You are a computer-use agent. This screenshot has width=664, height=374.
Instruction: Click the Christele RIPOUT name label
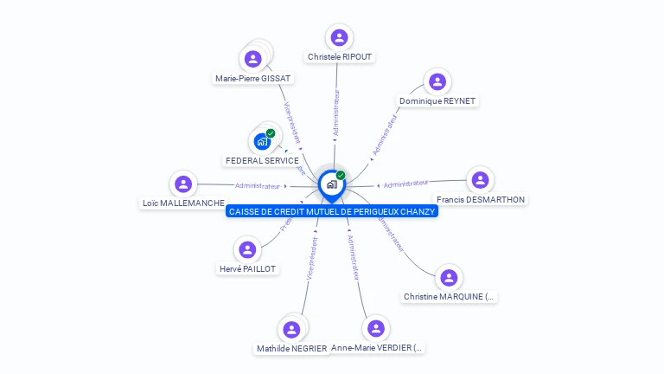tap(340, 57)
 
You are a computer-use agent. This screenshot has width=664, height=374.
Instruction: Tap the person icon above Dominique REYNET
tap(437, 82)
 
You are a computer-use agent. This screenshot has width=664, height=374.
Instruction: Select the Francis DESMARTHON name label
tap(481, 199)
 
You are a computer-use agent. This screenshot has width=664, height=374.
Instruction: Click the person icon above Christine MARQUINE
tap(448, 278)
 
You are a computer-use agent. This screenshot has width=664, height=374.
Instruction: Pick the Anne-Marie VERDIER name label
tap(378, 348)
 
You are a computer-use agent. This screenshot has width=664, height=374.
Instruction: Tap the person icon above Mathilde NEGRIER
tap(291, 329)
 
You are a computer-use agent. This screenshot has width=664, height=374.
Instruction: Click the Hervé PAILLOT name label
tap(248, 268)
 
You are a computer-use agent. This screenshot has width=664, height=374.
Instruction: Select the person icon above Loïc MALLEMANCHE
tap(183, 184)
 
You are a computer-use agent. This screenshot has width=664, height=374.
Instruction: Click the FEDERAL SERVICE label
tap(262, 160)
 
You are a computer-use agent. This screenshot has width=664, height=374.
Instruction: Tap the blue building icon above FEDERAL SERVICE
tap(263, 141)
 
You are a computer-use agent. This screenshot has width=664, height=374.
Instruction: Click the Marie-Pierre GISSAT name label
tap(253, 78)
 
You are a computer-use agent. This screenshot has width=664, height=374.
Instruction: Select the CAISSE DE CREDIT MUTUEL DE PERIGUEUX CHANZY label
tap(332, 211)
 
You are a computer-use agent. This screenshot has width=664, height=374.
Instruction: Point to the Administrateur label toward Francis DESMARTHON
tap(405, 183)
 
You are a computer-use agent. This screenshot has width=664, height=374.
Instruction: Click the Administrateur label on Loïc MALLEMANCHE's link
tap(258, 185)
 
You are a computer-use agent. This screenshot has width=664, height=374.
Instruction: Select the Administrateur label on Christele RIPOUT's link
tap(336, 113)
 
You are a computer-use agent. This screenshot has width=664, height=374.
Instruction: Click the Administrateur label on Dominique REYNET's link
tap(384, 135)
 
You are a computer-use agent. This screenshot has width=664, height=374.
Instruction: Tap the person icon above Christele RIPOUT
tap(340, 37)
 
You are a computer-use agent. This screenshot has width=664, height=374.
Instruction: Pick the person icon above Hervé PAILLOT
tap(248, 249)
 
